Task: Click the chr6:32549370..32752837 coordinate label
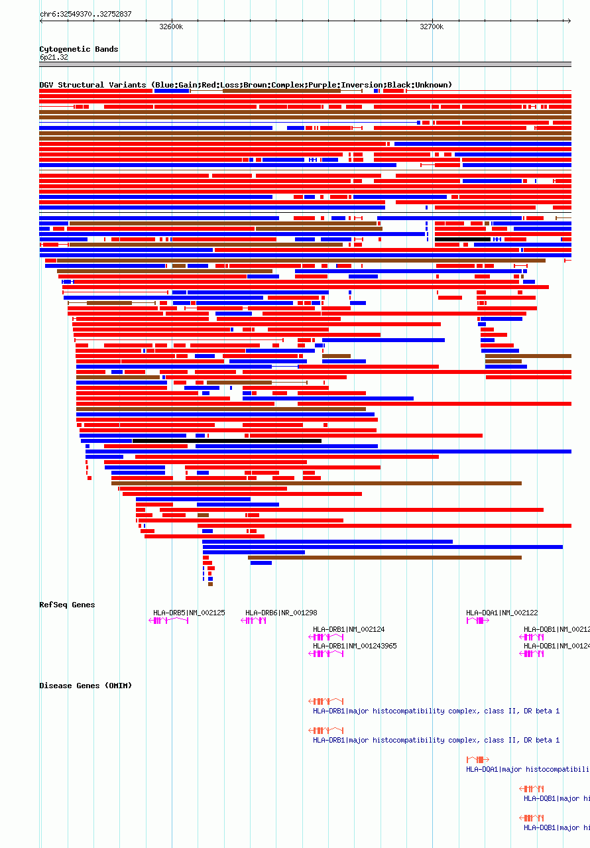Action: pos(86,14)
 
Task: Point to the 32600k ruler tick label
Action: pos(171,27)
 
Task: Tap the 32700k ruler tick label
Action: pos(432,27)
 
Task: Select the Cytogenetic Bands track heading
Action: pos(78,49)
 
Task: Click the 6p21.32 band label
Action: pos(54,57)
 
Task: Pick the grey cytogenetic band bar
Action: pos(305,64)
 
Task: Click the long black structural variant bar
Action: pos(227,441)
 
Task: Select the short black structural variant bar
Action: pos(462,239)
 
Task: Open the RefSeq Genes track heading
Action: pos(67,605)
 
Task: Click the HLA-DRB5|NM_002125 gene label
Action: pos(189,613)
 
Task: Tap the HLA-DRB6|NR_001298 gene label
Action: pos(281,613)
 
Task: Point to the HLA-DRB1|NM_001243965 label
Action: pos(355,646)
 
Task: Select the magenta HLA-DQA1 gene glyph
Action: pos(477,621)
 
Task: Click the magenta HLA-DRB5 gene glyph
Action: pos(168,621)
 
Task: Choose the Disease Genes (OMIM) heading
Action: pos(86,686)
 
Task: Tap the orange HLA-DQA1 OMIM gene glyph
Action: pos(477,760)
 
